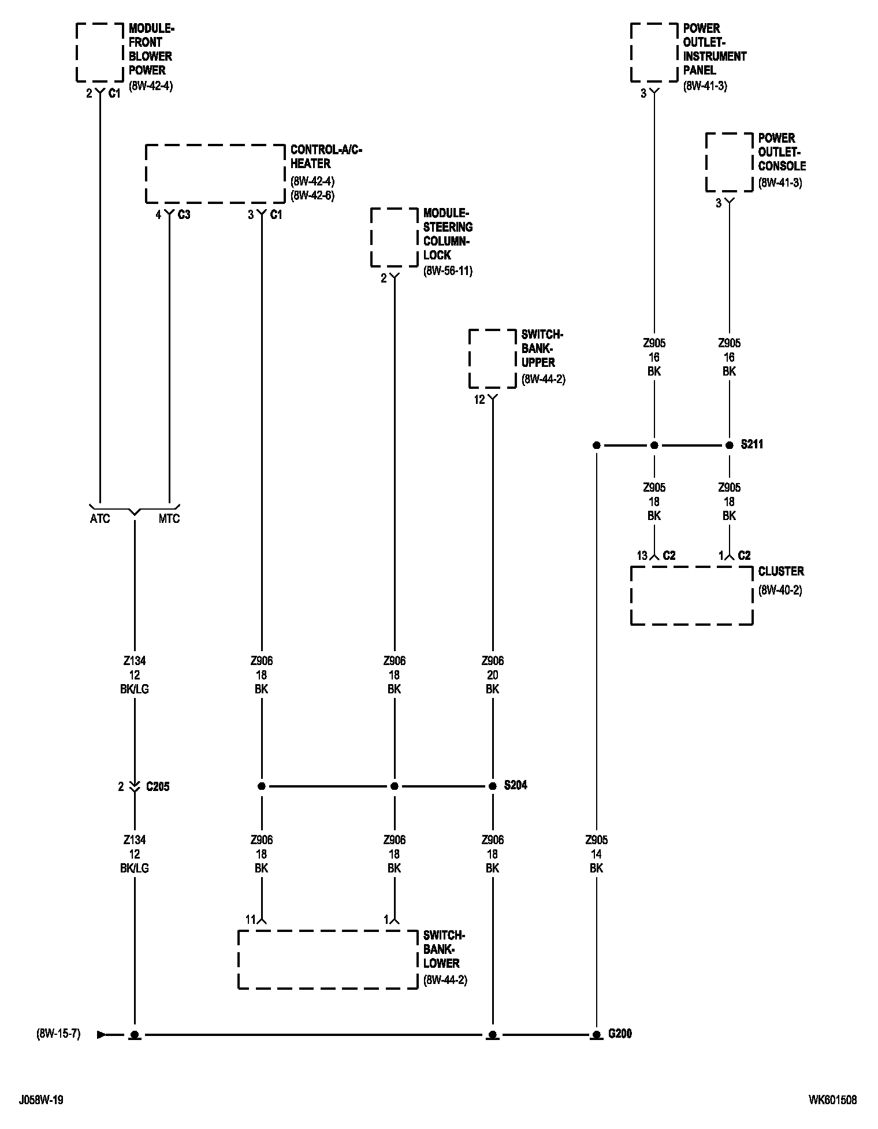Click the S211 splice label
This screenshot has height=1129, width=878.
coord(752,445)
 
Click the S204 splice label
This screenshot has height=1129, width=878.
coord(515,786)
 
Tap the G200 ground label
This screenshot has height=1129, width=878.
coord(620,1034)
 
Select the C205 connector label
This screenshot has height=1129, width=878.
coord(158,786)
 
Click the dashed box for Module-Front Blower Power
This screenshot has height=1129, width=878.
coord(100,53)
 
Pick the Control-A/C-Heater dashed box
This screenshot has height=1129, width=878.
coord(215,174)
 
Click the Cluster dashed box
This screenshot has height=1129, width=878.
coord(691,596)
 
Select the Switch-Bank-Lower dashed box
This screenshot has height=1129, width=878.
coord(328,960)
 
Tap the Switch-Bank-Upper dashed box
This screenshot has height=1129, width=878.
coord(492,359)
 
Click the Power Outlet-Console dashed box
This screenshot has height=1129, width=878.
coord(730,162)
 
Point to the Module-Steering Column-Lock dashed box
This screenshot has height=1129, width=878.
coord(394,237)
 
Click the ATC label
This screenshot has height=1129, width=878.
coord(100,519)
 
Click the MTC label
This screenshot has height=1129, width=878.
coord(169,519)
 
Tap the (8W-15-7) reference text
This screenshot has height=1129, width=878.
coord(58,1034)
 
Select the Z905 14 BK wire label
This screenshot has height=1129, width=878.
coord(596,854)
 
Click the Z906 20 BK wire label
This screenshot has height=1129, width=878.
coord(492,675)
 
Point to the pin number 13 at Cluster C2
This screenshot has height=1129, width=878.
coord(642,556)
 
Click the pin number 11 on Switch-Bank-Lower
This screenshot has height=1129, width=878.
coord(250,920)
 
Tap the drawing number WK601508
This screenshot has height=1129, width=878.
coord(833,1100)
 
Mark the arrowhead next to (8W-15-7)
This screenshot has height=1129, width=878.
coord(102,1034)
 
